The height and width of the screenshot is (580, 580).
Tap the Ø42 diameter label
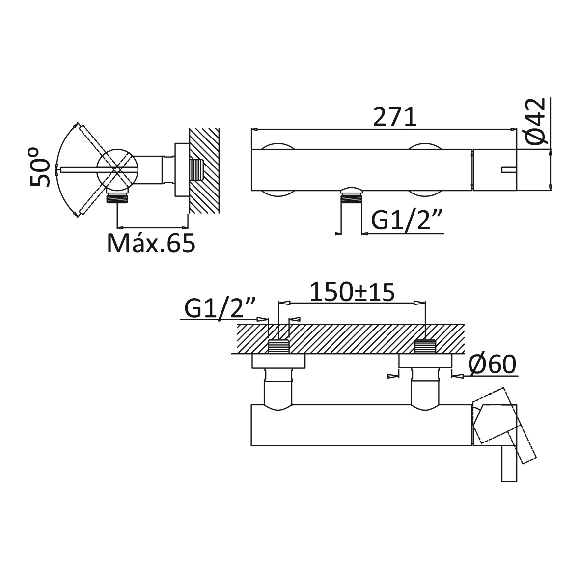536,121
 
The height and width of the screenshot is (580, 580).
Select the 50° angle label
40,167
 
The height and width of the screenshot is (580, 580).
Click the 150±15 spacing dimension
352,292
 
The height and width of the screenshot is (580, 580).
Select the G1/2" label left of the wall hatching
220,308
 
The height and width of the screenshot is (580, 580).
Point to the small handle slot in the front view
509,170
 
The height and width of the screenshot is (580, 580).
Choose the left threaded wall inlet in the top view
278,346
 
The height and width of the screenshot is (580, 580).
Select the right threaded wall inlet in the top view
425,346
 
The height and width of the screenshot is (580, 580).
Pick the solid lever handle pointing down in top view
509,463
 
